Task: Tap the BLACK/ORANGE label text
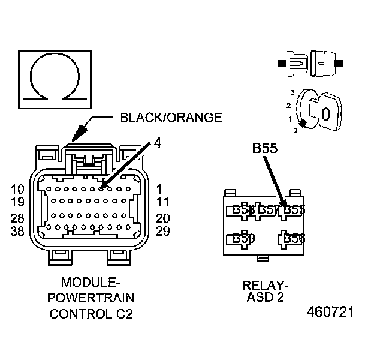(171, 118)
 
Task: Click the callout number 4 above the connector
(157, 143)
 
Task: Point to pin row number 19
(18, 202)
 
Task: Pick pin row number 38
(18, 231)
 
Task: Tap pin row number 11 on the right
(162, 202)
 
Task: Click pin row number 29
(162, 231)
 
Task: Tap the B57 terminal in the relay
(269, 209)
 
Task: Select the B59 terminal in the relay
(243, 239)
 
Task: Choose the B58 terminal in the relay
(294, 239)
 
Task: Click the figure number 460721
(330, 313)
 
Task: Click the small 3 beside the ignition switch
(292, 92)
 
